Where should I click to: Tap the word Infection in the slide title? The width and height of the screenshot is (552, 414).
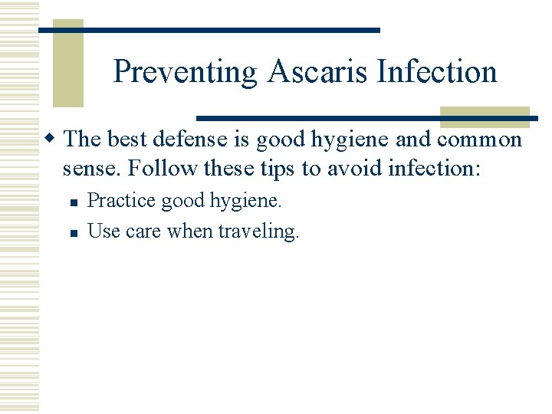[436, 72]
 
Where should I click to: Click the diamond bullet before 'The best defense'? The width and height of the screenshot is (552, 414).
[51, 140]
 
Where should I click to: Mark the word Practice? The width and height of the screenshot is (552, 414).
[118, 202]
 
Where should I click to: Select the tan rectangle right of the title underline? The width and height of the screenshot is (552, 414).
[485, 117]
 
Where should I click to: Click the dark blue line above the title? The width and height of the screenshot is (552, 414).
[209, 30]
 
